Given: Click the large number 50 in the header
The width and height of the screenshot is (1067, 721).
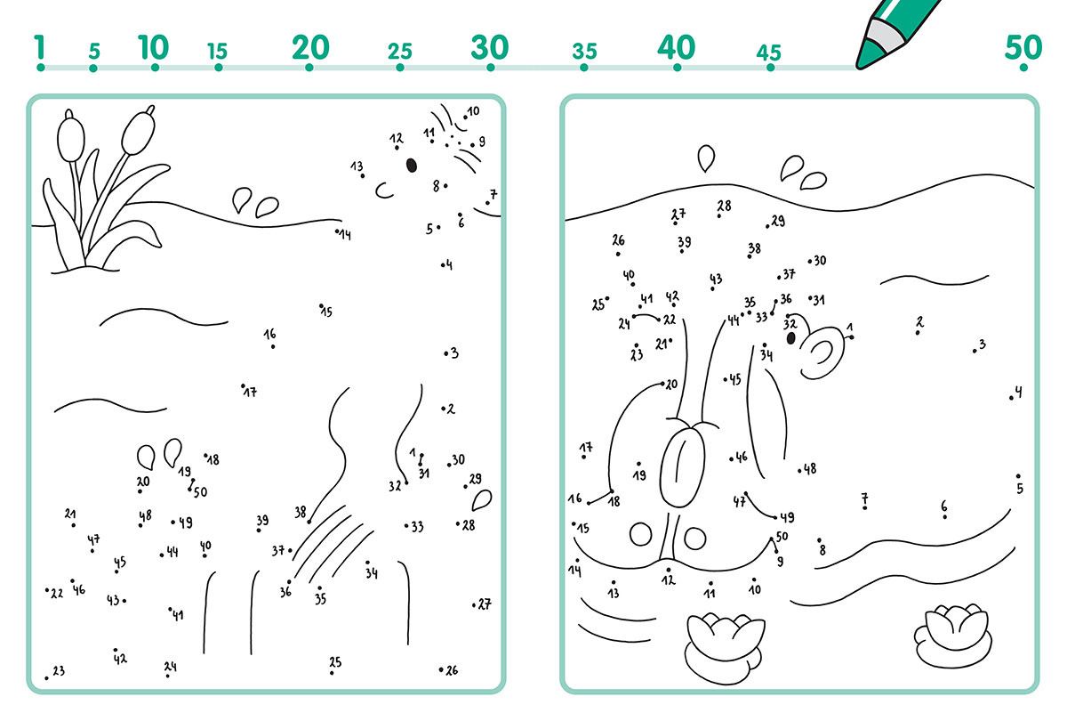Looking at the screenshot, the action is coord(1023,48).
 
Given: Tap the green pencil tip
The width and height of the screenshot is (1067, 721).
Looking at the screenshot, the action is coord(868,56).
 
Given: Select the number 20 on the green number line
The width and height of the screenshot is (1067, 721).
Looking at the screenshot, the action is coord(310,48).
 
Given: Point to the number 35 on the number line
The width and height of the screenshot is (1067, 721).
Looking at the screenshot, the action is coord(584,51).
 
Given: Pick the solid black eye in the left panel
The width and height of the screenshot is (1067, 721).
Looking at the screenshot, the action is coord(412,166).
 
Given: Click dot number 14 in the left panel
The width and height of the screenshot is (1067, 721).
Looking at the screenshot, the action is coord(337,231).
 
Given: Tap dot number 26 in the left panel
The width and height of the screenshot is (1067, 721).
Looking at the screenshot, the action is coord(441,669).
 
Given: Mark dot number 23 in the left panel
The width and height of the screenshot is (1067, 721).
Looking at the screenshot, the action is coord(46,677).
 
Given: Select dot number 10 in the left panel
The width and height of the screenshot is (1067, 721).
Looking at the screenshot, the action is coord(465,117).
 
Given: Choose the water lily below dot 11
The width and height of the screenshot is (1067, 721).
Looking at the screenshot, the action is coord(724,649).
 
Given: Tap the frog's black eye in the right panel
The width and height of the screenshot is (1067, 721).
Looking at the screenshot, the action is coord(790,338).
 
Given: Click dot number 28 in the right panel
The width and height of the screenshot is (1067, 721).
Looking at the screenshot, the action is coord(718,216).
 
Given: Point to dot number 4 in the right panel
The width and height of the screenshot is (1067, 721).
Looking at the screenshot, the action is coord(1011,398).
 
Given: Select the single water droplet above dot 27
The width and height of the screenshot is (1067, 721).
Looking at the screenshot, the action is coord(706,158).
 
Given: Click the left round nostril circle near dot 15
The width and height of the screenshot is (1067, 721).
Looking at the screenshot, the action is coord(641,535).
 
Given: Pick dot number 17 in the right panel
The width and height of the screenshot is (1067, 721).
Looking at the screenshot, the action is coord(584,457).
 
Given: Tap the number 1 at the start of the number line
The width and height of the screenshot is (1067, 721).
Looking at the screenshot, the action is coord(40,47).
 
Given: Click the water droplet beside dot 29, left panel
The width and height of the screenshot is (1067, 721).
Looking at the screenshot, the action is coord(482,500).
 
